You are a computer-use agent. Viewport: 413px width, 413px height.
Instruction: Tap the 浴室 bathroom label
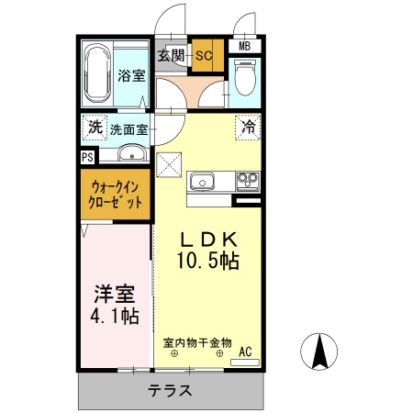[x=130, y=76]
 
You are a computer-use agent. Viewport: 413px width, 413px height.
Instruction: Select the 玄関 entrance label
[x=171, y=55]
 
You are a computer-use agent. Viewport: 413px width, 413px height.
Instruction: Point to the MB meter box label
[x=245, y=47]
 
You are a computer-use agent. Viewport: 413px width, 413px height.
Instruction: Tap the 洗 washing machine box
[x=94, y=128]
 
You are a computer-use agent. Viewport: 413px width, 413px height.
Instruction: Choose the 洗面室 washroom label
[x=129, y=129]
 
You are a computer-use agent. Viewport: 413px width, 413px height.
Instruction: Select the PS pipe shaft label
[x=87, y=157]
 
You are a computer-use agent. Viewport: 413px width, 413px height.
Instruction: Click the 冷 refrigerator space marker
[x=248, y=128]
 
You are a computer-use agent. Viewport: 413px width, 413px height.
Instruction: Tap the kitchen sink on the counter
[x=203, y=181]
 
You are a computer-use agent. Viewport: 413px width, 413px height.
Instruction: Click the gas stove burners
[x=246, y=180]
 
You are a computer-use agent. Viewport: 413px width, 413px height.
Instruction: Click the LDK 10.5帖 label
[x=207, y=249]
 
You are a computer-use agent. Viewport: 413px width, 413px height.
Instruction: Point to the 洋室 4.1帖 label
[x=116, y=305]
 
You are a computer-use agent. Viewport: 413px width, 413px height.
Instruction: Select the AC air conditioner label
[x=245, y=351]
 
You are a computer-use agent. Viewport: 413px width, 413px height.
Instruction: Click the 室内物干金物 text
[x=197, y=342]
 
